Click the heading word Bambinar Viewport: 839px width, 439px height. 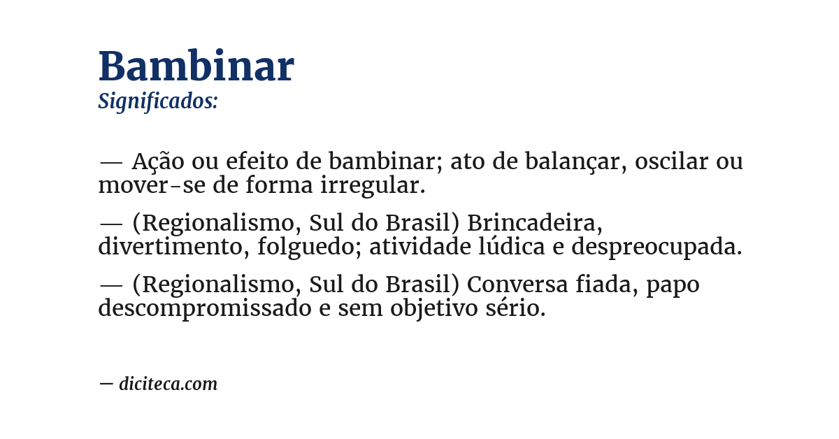[196, 67]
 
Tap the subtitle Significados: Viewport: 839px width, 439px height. [158, 101]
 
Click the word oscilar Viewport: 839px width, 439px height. [671, 162]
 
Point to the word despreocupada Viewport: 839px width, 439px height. [657, 247]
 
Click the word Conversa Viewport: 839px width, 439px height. [518, 285]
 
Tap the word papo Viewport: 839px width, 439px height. [673, 286]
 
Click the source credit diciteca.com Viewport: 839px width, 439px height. [168, 384]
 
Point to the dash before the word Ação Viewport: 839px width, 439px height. [110, 163]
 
